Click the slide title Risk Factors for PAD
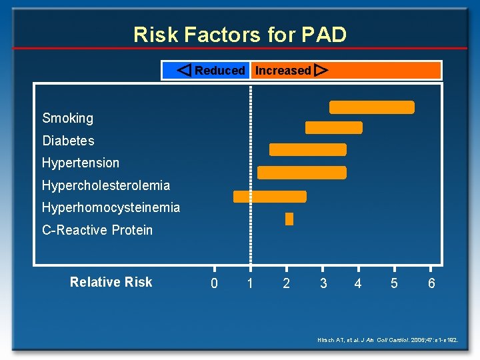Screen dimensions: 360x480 pyautogui.click(x=240, y=34)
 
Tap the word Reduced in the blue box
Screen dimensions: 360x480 pyautogui.click(x=220, y=71)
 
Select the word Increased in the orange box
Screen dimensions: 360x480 pyautogui.click(x=283, y=71)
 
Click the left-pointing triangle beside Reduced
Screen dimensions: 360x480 pyautogui.click(x=185, y=70)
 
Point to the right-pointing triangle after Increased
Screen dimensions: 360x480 pyautogui.click(x=321, y=70)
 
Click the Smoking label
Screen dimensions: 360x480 pyautogui.click(x=68, y=119)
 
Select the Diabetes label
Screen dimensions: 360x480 pyautogui.click(x=69, y=141)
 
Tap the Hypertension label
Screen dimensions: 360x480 pyautogui.click(x=81, y=163)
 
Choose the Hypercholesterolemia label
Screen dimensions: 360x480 pyautogui.click(x=106, y=185)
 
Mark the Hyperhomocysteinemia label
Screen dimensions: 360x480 pyautogui.click(x=111, y=207)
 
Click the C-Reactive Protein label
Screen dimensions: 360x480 pyautogui.click(x=97, y=230)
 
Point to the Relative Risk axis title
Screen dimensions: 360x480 pyautogui.click(x=111, y=282)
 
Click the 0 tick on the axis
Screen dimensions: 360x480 pyautogui.click(x=214, y=283)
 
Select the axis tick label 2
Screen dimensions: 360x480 pyautogui.click(x=287, y=283)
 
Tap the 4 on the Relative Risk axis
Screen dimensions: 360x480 pyautogui.click(x=359, y=283)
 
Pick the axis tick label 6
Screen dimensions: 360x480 pyautogui.click(x=431, y=283)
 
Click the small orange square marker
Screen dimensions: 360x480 pyautogui.click(x=289, y=219)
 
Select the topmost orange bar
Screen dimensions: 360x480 pyautogui.click(x=372, y=107)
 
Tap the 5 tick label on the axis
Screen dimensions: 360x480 pyautogui.click(x=395, y=283)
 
